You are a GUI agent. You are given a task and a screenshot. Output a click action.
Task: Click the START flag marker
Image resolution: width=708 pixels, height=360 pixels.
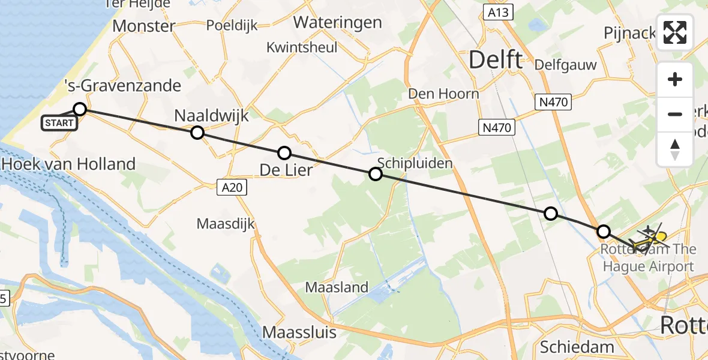[59, 124]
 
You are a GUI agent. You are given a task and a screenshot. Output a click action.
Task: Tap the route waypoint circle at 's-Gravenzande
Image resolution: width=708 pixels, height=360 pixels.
[80, 109]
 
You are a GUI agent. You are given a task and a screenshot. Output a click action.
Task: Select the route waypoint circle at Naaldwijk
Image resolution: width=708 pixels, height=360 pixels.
[197, 133]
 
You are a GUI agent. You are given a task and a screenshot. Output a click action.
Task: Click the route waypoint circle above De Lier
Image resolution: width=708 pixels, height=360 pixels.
[284, 153]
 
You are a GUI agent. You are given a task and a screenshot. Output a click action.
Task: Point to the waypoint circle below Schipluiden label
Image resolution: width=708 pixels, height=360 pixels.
[375, 174]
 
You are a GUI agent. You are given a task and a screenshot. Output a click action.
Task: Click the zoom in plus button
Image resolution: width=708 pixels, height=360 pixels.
[675, 79]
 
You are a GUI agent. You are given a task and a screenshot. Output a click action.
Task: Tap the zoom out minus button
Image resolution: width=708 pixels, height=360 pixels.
[675, 114]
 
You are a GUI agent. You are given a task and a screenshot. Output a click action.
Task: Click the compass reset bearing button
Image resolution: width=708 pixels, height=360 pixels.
[675, 149]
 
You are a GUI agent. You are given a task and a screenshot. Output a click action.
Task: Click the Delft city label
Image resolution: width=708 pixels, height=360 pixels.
[495, 59]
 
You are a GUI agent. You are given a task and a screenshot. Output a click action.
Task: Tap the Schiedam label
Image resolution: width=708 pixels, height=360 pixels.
[577, 347]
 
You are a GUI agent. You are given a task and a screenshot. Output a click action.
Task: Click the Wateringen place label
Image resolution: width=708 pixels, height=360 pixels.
[338, 23]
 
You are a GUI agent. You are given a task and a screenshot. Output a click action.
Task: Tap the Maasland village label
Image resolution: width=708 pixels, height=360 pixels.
[337, 287]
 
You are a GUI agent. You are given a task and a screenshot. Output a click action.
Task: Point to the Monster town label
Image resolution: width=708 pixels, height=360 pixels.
[143, 26]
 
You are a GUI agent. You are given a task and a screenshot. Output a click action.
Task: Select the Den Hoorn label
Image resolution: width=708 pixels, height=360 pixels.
[443, 94]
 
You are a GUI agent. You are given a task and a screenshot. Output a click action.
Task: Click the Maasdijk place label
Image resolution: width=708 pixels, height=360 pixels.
[226, 224]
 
